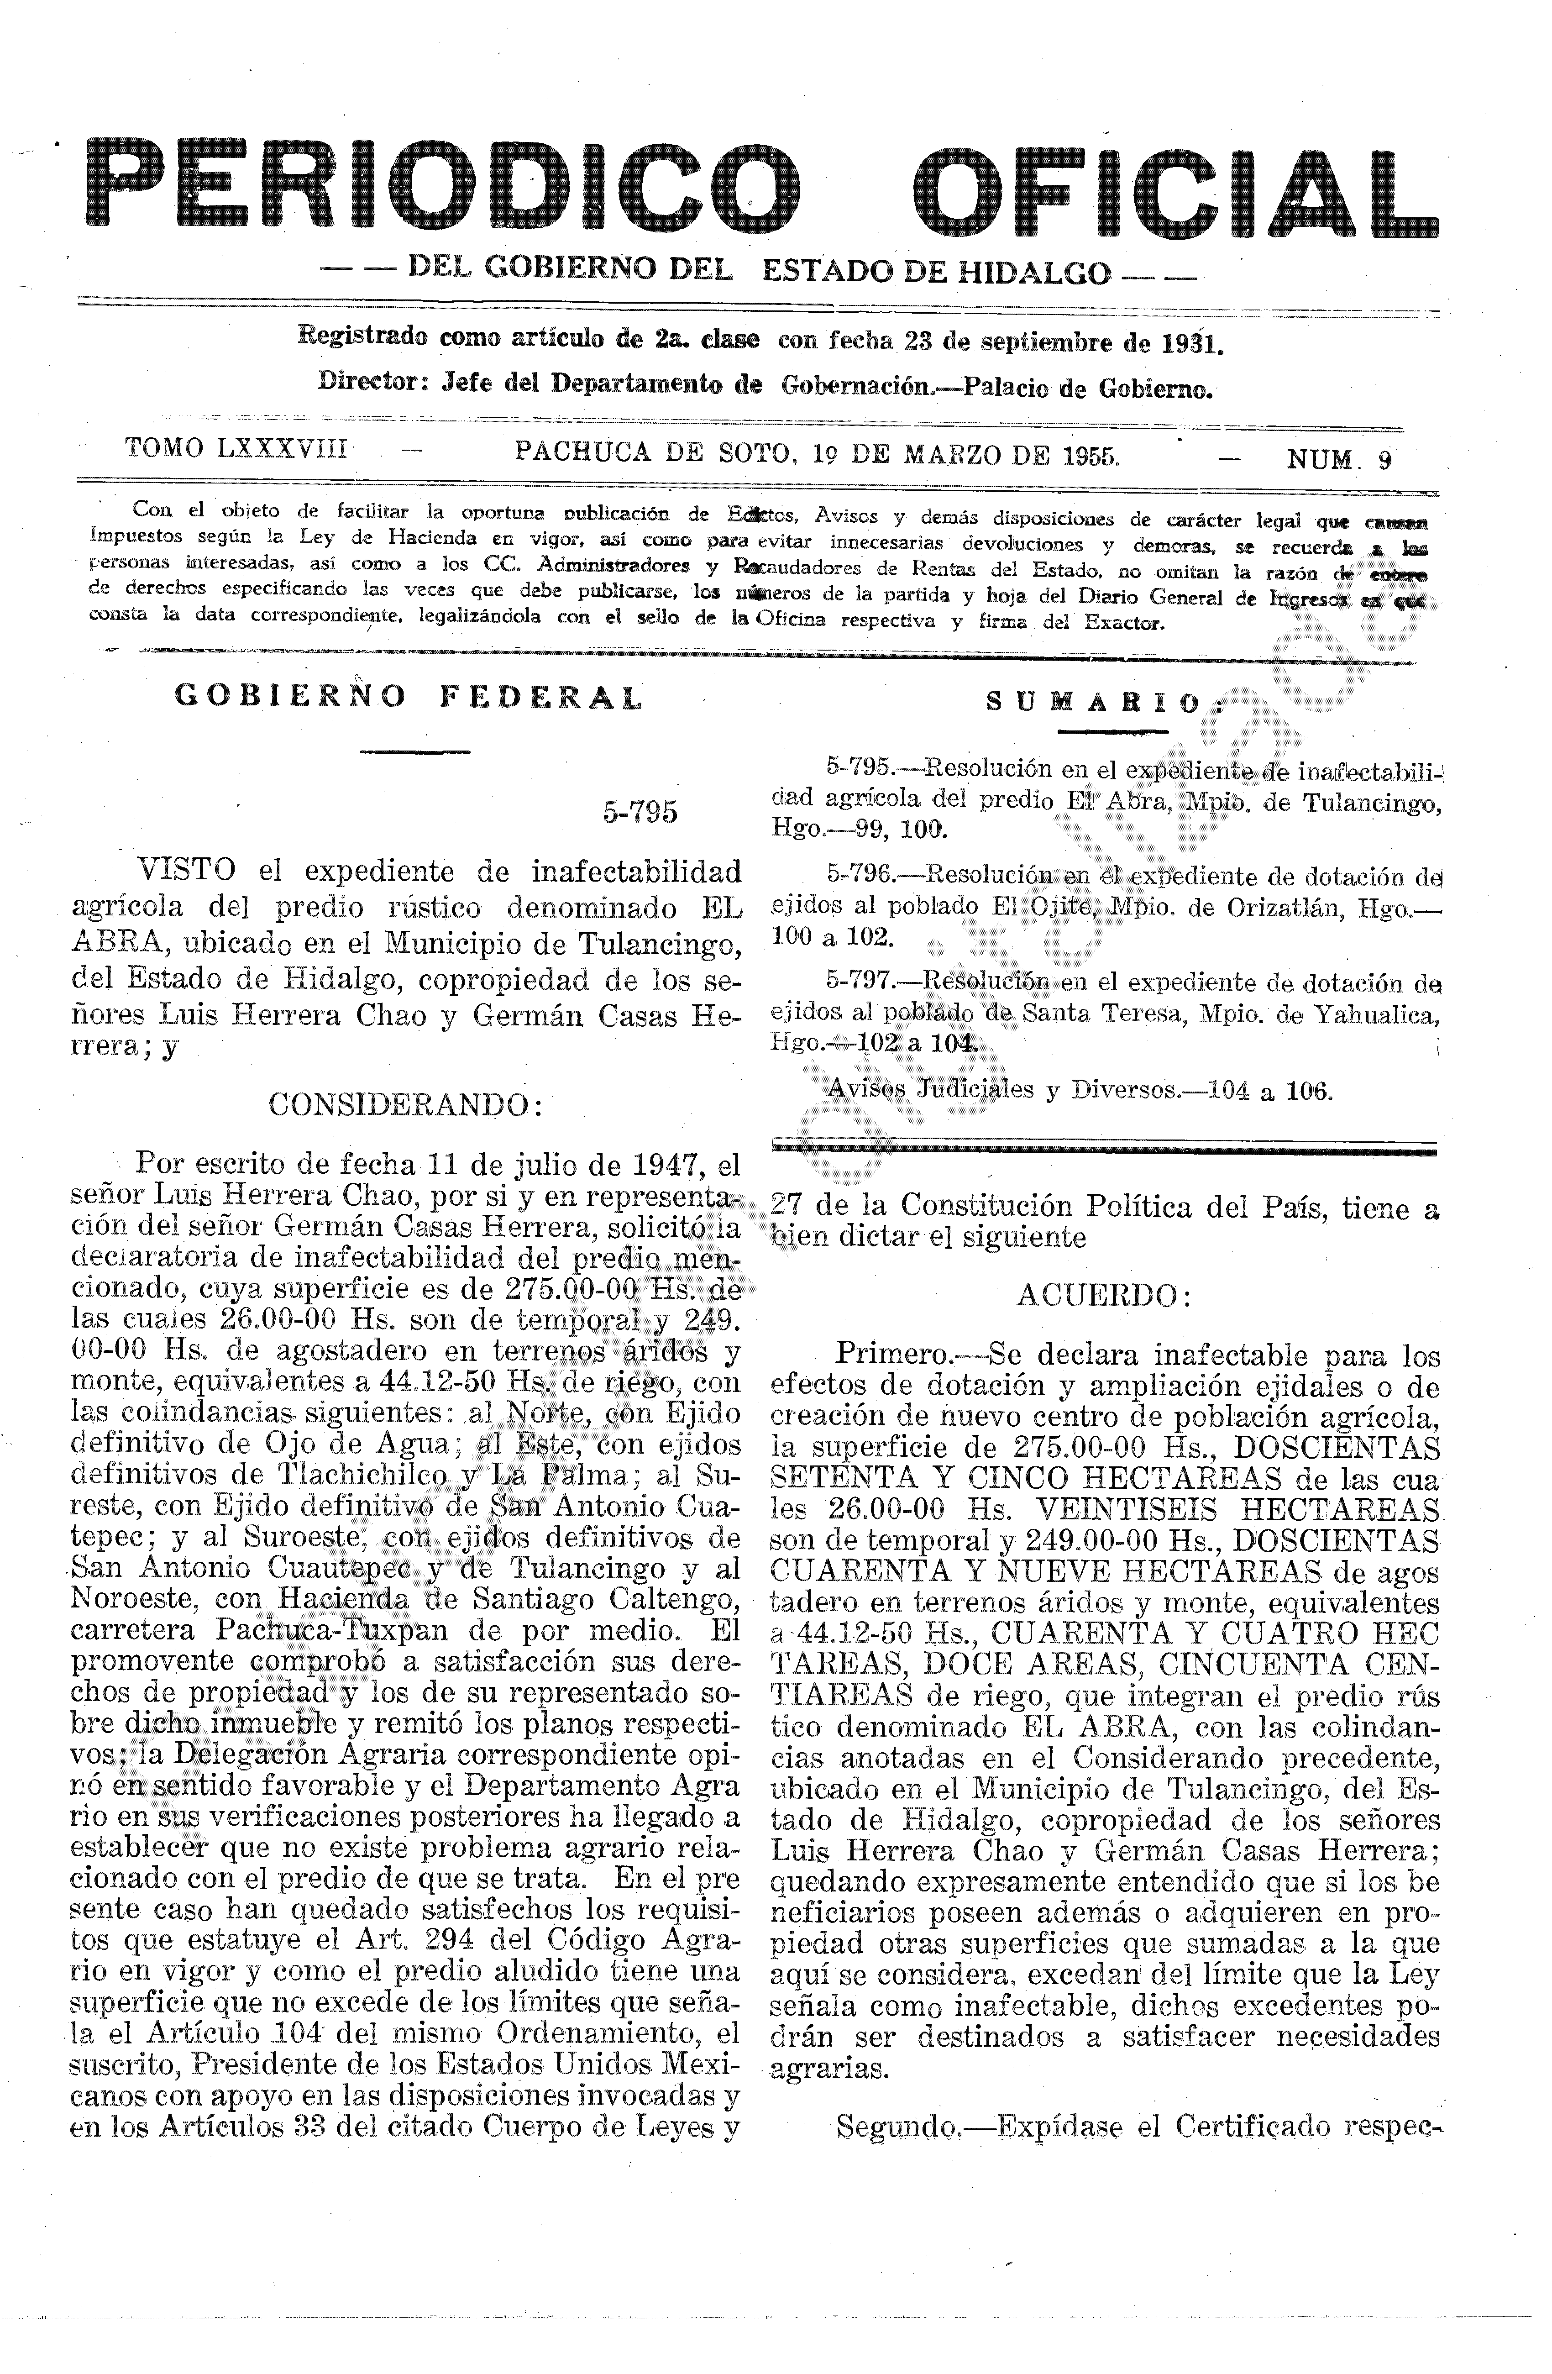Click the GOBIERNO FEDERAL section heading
pyautogui.click(x=409, y=697)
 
